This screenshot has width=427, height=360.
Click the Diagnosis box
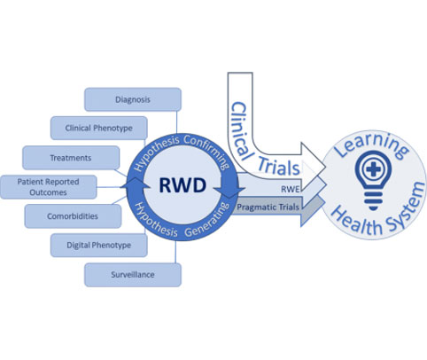point(133,99)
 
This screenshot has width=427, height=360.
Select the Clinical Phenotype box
point(99,128)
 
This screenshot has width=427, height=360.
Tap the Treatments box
point(71,158)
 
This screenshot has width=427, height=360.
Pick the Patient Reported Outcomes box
point(48,187)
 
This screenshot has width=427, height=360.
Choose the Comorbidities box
point(73,216)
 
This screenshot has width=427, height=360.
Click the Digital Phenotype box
point(99,245)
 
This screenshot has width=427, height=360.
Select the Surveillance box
point(133,275)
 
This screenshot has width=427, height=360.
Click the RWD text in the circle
point(182,185)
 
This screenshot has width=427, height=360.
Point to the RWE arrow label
point(291,189)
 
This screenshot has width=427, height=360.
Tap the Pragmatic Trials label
point(268,207)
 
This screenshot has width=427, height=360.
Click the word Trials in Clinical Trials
point(279,167)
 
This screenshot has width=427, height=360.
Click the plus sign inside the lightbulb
point(373,169)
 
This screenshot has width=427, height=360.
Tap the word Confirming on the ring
point(207,151)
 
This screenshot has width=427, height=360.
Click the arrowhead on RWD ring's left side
point(135,184)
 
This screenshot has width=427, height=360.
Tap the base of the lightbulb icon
point(373,201)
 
